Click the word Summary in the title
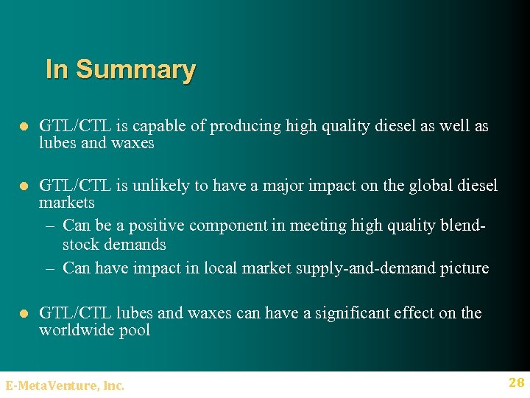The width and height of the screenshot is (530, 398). [x=135, y=70]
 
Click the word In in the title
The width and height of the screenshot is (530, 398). [x=57, y=69]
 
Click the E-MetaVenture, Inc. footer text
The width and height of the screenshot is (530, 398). [x=65, y=385]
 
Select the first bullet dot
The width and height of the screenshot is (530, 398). [x=23, y=127]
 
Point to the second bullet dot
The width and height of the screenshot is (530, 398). [x=23, y=186]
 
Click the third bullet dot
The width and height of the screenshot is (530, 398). [x=23, y=314]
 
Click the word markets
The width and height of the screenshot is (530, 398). [x=67, y=202]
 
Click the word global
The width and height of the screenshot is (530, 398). [x=411, y=185]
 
